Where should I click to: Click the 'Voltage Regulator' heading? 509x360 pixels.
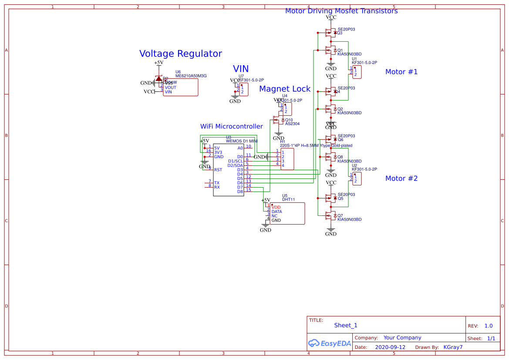click(180, 54)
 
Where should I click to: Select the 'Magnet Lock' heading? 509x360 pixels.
click(285, 89)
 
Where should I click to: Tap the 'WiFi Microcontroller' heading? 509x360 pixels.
click(231, 126)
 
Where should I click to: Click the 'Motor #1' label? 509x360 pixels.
click(401, 72)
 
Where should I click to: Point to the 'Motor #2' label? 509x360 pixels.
click(401, 178)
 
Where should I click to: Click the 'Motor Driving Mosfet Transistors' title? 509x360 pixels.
click(341, 11)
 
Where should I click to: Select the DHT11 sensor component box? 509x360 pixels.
click(287, 214)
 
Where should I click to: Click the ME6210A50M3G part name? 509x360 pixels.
click(191, 76)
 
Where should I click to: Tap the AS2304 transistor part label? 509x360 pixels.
click(292, 124)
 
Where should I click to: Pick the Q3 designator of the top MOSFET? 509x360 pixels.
click(340, 33)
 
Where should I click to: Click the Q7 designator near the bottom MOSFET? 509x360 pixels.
click(340, 215)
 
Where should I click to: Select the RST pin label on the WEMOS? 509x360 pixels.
click(218, 170)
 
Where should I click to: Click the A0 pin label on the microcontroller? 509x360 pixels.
click(240, 148)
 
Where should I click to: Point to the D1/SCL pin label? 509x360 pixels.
click(236, 161)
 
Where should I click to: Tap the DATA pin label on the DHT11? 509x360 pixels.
click(276, 212)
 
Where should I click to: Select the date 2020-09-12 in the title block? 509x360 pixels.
click(390, 347)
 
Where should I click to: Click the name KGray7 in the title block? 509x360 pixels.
click(453, 347)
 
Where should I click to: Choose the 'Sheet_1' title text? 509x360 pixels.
click(346, 325)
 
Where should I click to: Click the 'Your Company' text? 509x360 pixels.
click(402, 338)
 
